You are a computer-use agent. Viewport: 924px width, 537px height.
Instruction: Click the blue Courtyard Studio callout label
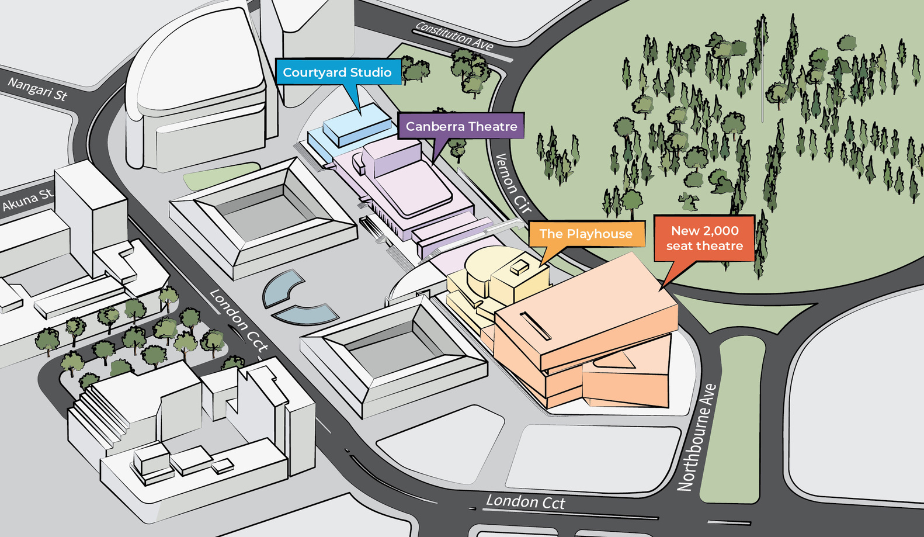click(338, 72)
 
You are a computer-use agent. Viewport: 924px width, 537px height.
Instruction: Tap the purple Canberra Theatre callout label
click(461, 126)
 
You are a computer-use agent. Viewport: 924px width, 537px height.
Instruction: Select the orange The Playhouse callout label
click(586, 234)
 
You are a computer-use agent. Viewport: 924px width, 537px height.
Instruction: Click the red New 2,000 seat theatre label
click(704, 238)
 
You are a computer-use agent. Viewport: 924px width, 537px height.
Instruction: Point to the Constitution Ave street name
click(454, 36)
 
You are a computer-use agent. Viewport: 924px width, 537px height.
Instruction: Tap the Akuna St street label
click(27, 200)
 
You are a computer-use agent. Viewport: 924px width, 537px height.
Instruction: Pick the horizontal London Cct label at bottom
click(526, 502)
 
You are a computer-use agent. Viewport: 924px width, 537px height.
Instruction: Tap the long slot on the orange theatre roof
click(535, 326)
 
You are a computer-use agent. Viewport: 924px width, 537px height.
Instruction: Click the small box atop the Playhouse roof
click(519, 267)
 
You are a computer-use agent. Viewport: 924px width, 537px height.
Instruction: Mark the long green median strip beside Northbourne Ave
click(736, 421)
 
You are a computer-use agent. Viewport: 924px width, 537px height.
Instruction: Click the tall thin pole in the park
click(762, 70)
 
